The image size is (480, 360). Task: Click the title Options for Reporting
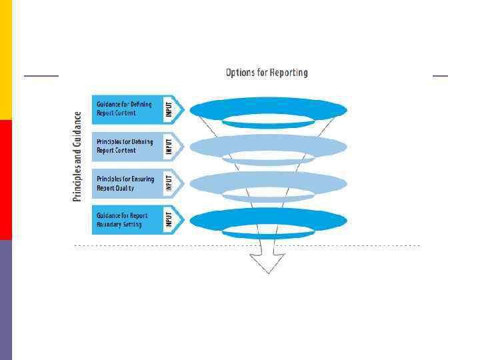coord(267,73)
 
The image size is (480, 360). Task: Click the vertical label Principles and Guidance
coord(78,156)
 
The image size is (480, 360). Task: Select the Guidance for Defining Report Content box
coord(127,109)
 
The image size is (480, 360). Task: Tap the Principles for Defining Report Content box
coord(127,146)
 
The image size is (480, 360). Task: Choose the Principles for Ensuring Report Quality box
coord(127,183)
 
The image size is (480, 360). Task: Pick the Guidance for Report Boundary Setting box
coord(127,220)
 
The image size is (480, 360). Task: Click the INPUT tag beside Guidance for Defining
coord(169,109)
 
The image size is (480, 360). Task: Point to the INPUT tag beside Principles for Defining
coord(169,147)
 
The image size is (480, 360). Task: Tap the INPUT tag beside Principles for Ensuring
coord(169,184)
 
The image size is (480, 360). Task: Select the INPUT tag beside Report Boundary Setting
coord(169,220)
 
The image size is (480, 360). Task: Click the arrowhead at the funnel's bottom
coord(268,263)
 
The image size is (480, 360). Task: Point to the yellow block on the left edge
coord(6,60)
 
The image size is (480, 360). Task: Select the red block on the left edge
coord(6,180)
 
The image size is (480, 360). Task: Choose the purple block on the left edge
coord(6,300)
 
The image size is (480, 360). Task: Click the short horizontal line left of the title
coord(41,76)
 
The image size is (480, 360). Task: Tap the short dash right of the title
coord(440,76)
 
